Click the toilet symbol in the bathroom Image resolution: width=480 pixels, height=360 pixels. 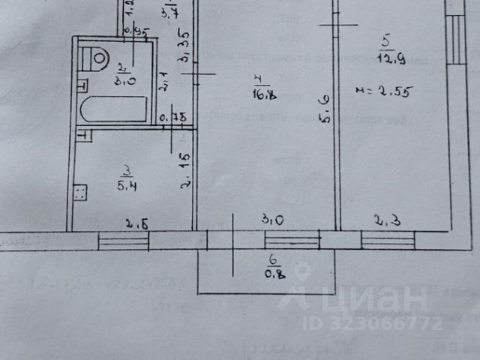pyautogui.click(x=96, y=57)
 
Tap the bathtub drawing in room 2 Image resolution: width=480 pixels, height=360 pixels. pyautogui.click(x=112, y=109)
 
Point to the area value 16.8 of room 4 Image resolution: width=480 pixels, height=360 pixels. pyautogui.click(x=262, y=94)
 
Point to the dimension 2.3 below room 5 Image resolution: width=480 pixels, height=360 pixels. pyautogui.click(x=385, y=220)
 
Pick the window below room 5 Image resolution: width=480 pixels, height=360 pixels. pyautogui.click(x=388, y=240)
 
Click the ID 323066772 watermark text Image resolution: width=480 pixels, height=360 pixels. pyautogui.click(x=373, y=325)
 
